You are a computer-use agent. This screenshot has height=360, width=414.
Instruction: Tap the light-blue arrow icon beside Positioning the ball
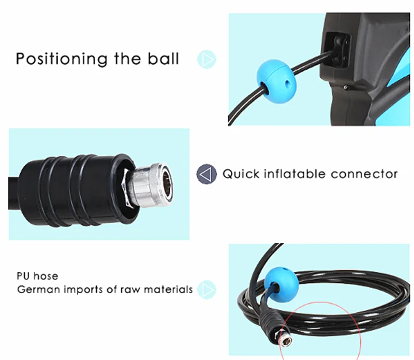[x=208, y=59]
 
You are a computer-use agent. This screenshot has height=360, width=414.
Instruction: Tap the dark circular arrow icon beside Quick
[x=207, y=174]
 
